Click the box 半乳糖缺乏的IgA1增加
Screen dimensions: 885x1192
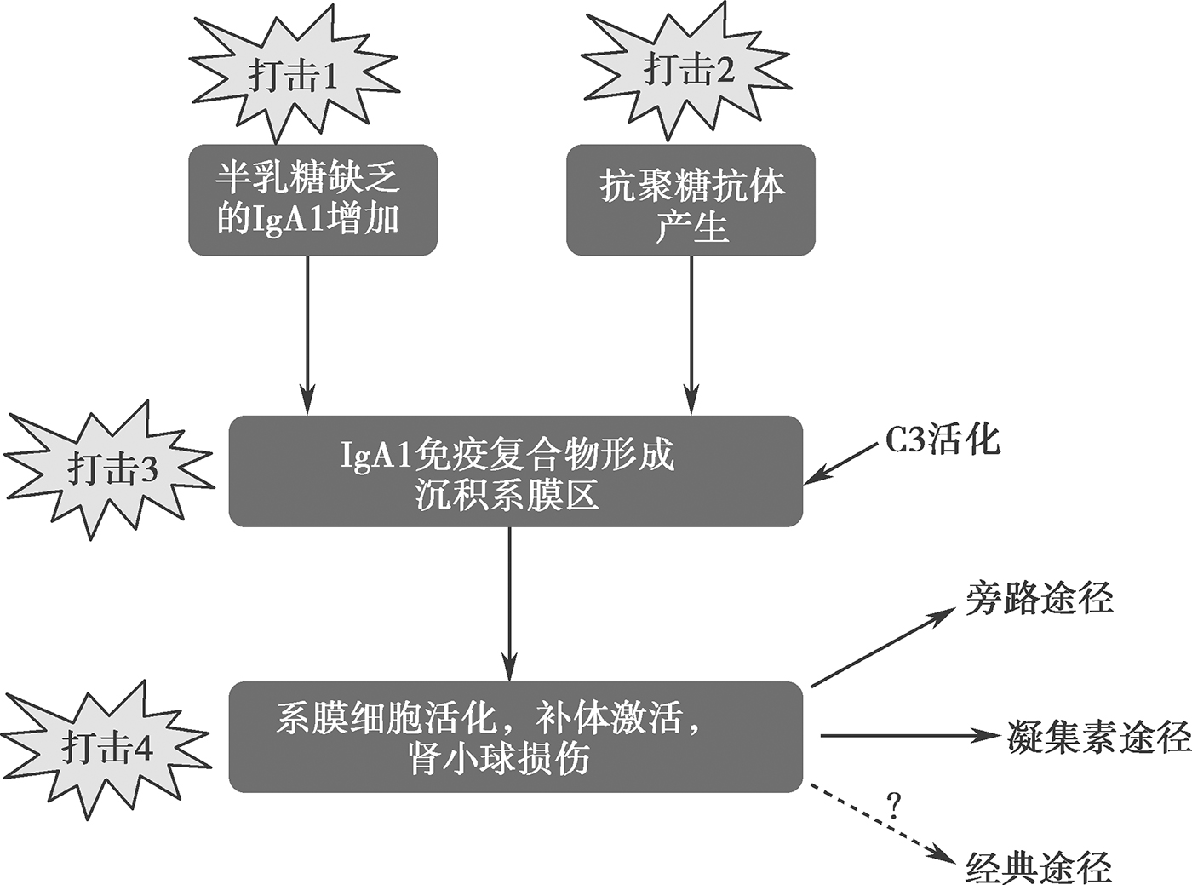tap(312, 200)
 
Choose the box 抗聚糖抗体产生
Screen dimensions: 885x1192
tap(691, 200)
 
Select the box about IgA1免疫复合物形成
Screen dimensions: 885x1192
tap(515, 471)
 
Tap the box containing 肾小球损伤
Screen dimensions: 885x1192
tap(515, 737)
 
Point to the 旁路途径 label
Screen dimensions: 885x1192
tap(1040, 598)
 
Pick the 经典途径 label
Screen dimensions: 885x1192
tap(1040, 866)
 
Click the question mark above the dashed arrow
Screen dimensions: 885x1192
tap(893, 805)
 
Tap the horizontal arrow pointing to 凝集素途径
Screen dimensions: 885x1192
tap(907, 736)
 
